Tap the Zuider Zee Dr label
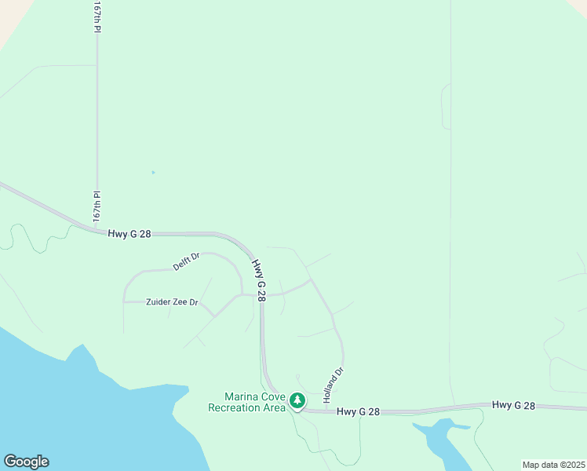click(x=162, y=302)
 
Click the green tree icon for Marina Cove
click(x=297, y=401)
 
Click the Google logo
click(x=26, y=462)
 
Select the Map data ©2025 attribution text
click(x=553, y=465)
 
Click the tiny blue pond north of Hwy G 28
click(x=153, y=173)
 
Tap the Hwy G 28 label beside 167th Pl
click(x=129, y=234)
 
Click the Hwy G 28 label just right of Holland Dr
click(x=358, y=411)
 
